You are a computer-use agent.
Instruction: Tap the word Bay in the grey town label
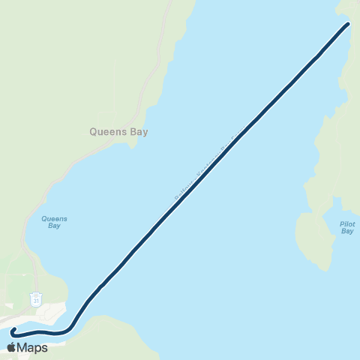coord(139,131)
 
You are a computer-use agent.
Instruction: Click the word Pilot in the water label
coord(346,223)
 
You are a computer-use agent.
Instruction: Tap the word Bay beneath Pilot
coord(346,232)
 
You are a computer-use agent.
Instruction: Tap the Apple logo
coord(11,347)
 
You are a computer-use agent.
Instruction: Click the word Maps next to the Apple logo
coord(33,347)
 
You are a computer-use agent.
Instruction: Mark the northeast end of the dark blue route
coord(348,25)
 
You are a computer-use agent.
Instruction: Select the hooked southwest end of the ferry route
coord(13,331)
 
